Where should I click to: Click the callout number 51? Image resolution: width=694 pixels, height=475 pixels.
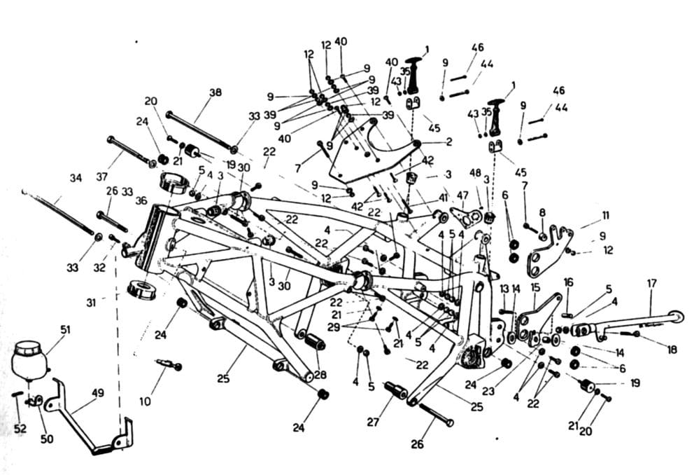point(66,330)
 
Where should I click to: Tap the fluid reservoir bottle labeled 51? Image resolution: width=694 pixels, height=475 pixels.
point(29,360)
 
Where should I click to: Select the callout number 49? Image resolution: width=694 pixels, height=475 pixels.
point(97,393)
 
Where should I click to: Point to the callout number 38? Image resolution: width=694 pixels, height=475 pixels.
point(215,92)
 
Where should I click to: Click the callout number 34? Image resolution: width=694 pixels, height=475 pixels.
point(76,178)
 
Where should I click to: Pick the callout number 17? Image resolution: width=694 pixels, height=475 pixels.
point(651,283)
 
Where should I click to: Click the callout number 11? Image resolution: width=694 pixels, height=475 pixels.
point(605,216)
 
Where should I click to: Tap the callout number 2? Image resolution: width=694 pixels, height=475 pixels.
point(449,142)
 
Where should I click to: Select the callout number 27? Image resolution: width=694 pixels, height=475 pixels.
point(373,422)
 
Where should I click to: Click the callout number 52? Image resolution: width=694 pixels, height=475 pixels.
point(20,429)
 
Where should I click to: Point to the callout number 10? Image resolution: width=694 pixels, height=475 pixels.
point(146,401)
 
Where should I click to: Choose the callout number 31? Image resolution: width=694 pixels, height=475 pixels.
point(91,303)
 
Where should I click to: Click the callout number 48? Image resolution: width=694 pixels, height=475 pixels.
point(475,172)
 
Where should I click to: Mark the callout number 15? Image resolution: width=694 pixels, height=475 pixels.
point(535,287)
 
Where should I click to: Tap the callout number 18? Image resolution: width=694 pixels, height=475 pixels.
point(672,350)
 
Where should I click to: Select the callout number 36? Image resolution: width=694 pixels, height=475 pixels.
point(141,201)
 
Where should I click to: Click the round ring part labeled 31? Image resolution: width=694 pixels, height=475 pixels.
point(142,290)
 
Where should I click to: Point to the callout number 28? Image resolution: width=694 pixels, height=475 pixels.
point(320,375)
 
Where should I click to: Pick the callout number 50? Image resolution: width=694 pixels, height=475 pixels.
point(47,439)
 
